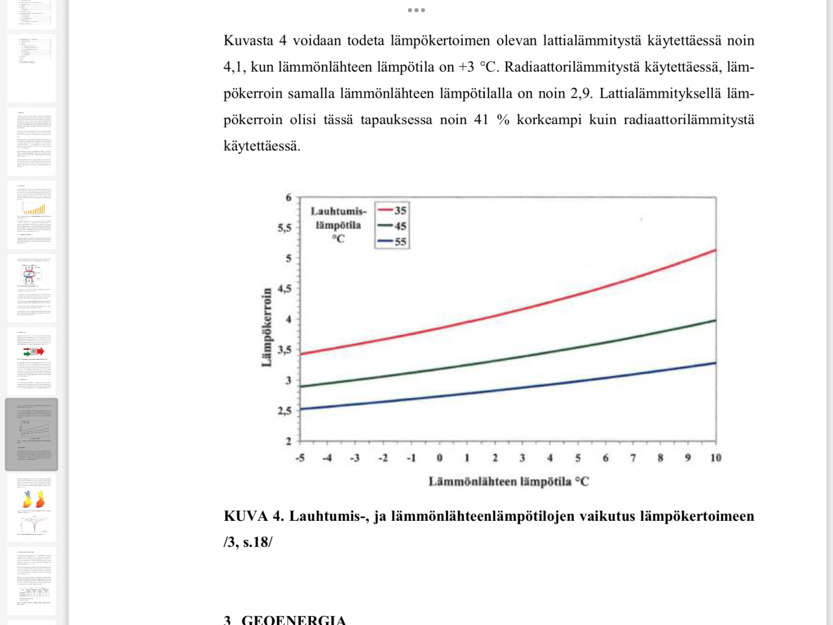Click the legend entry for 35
coord(393,210)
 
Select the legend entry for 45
coord(393,226)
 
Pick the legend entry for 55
coord(393,242)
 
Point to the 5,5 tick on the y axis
coord(284,228)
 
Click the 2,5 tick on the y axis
coord(284,411)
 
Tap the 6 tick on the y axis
coord(288,197)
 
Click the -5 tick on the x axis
coord(300,458)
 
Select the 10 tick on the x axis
coord(716,458)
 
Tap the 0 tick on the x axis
coord(439,458)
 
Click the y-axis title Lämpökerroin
coord(267,327)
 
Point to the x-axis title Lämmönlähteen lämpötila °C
coord(508,482)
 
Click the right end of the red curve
coord(716,251)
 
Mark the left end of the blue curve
coord(301,409)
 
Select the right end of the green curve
coord(716,320)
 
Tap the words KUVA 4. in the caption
coord(254,516)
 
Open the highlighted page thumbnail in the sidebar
coord(31,434)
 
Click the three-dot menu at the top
coord(416,10)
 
